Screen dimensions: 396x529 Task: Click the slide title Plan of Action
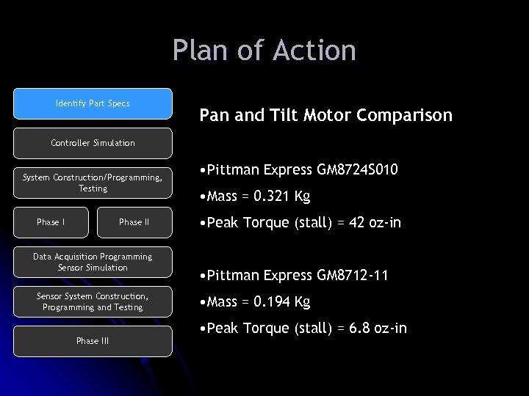(x=264, y=51)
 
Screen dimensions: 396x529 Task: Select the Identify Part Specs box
(x=93, y=103)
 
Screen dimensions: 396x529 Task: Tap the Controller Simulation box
(x=93, y=143)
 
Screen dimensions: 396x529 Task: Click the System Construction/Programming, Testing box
(x=93, y=183)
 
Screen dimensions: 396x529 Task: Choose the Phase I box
(x=51, y=222)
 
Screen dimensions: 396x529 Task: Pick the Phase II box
(x=134, y=222)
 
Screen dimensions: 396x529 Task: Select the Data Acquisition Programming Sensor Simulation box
(x=93, y=262)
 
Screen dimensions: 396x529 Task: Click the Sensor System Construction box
(x=93, y=301)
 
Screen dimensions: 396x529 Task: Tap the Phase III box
(x=93, y=340)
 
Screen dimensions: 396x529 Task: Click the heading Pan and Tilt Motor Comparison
(x=326, y=116)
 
